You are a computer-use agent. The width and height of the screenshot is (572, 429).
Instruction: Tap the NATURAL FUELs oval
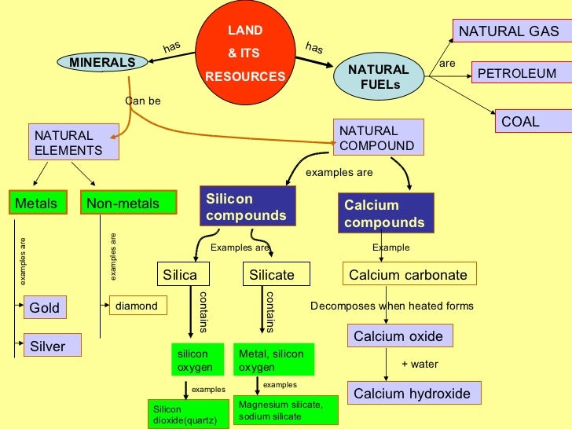(379, 76)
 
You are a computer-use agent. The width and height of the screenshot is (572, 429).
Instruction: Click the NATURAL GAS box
(508, 31)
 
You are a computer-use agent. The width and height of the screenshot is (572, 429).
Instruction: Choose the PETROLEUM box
(516, 74)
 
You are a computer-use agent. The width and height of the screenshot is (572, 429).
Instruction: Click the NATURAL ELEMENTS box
(73, 142)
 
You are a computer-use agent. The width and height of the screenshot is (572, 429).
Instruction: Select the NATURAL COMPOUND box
(379, 137)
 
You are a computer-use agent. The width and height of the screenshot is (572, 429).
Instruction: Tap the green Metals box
(37, 203)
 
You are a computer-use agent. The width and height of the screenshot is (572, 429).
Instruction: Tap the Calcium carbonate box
(409, 274)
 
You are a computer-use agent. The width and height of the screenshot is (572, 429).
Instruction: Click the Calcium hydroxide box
(412, 394)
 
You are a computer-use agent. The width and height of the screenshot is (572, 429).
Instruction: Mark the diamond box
(138, 306)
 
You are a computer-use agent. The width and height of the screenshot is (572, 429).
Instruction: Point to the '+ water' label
(420, 365)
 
